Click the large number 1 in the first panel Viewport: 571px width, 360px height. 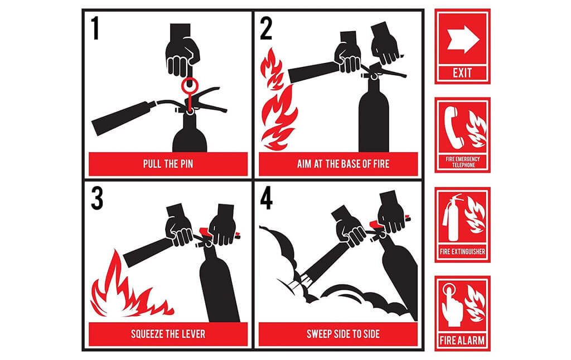click(95, 28)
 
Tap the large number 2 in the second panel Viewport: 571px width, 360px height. click(266, 28)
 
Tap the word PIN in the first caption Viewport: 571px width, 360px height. click(186, 164)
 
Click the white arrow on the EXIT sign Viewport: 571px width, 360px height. click(463, 40)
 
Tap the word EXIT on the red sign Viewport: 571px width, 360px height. click(462, 73)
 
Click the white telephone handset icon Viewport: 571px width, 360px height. click(453, 128)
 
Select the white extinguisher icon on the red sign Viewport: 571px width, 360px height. click(452, 218)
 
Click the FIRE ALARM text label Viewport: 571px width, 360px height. click(462, 340)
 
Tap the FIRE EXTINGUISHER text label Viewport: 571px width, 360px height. click(462, 251)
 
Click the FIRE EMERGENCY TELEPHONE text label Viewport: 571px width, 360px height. click(463, 162)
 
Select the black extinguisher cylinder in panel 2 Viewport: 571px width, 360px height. click(374, 113)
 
